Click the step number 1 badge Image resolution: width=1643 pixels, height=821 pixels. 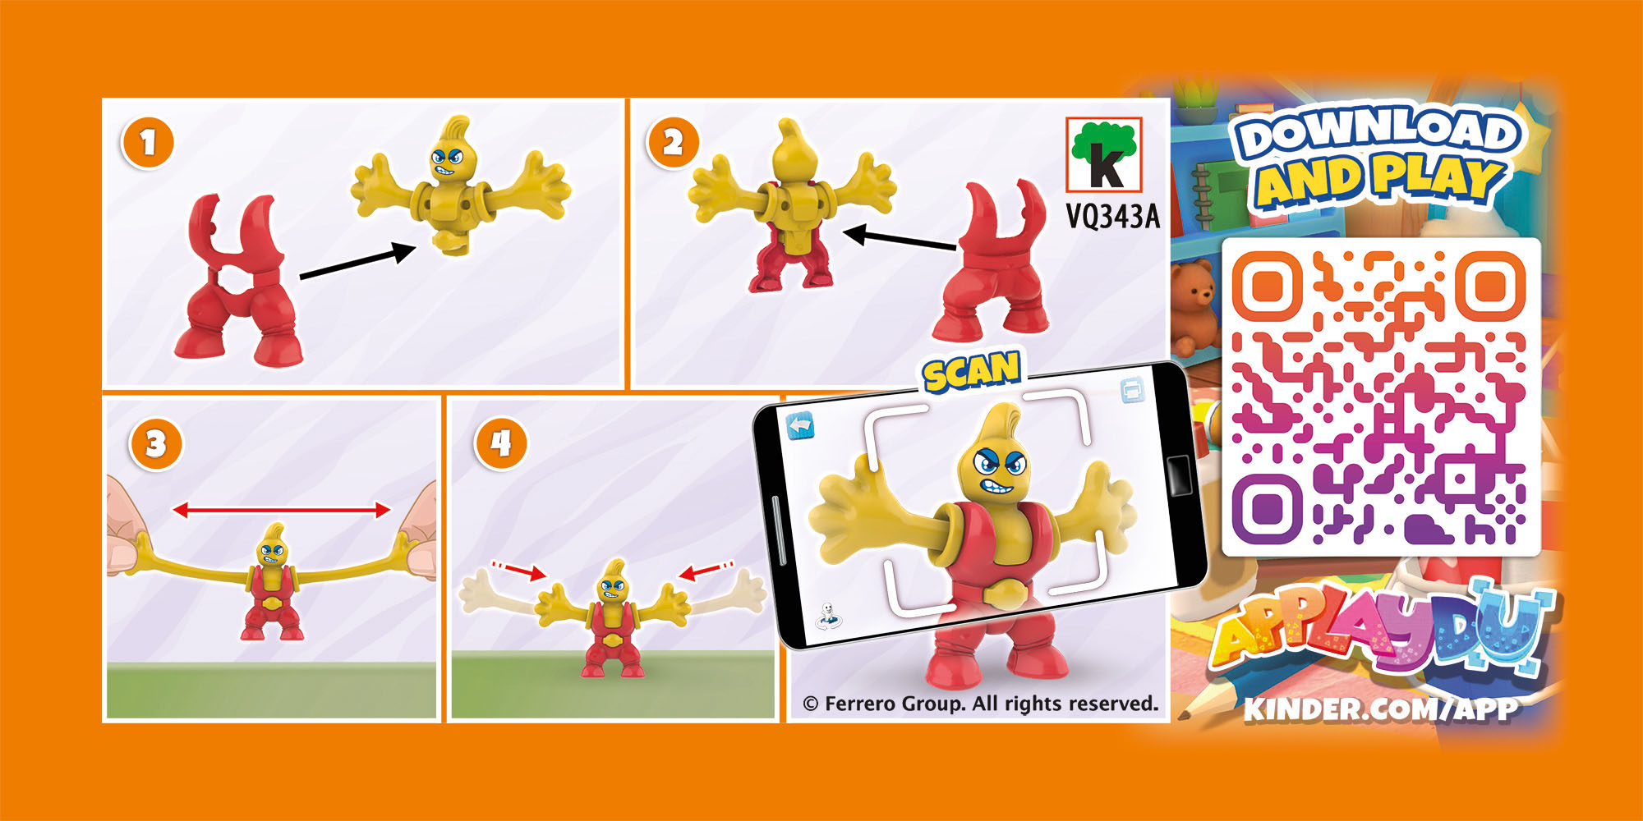pyautogui.click(x=148, y=143)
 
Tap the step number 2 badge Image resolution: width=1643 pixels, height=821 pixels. pyautogui.click(x=673, y=143)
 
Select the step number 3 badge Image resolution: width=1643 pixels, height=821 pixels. pyautogui.click(x=156, y=444)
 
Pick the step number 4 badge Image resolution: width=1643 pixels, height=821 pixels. pyautogui.click(x=501, y=444)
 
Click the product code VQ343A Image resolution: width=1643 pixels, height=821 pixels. pyautogui.click(x=1113, y=217)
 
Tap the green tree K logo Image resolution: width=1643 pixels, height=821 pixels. pyautogui.click(x=1104, y=155)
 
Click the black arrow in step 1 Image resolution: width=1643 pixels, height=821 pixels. pyautogui.click(x=358, y=262)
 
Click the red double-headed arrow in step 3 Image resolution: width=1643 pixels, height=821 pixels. pyautogui.click(x=282, y=511)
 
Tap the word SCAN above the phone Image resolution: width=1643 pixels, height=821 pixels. pyautogui.click(x=971, y=371)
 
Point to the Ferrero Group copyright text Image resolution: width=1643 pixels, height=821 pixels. pyautogui.click(x=980, y=704)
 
